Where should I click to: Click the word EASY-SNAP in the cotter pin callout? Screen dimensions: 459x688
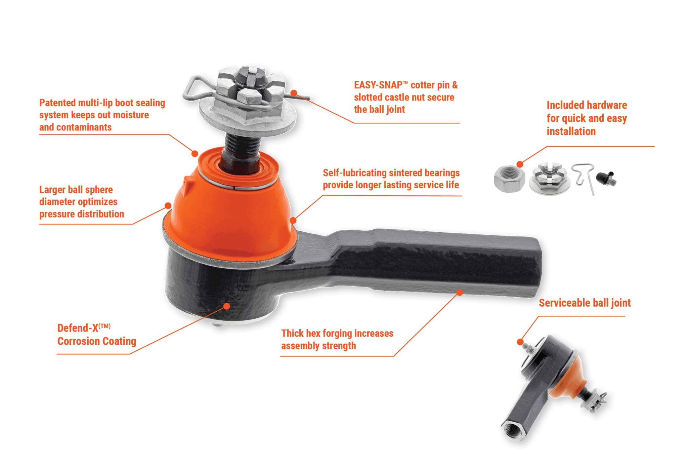pyautogui.click(x=378, y=85)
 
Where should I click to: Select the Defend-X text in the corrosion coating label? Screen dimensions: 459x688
pyautogui.click(x=78, y=328)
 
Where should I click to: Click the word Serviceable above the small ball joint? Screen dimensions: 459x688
pyautogui.click(x=564, y=303)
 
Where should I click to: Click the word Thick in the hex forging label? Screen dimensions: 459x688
pyautogui.click(x=292, y=334)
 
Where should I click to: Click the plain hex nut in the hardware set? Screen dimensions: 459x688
pyautogui.click(x=509, y=178)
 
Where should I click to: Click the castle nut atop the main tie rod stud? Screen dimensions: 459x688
pyautogui.click(x=250, y=89)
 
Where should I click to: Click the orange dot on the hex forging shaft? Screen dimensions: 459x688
pyautogui.click(x=460, y=293)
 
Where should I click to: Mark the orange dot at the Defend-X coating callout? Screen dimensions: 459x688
pyautogui.click(x=227, y=306)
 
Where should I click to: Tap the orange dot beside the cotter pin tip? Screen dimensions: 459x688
pyautogui.click(x=294, y=93)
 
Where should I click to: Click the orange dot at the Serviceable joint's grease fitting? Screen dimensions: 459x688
pyautogui.click(x=520, y=342)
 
